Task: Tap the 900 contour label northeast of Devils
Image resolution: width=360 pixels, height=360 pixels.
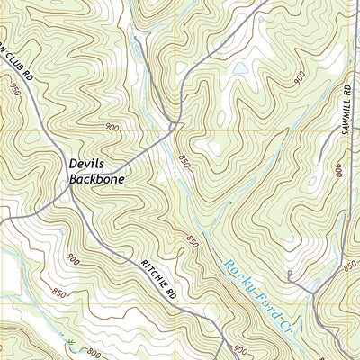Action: (112, 128)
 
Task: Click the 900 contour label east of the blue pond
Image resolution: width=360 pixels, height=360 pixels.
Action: (299, 79)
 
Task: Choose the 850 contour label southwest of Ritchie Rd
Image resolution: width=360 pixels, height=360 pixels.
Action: (59, 292)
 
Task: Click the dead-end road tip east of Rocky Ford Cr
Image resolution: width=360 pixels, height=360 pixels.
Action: (289, 272)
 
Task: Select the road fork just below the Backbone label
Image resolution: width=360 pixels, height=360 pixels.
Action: (69, 190)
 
